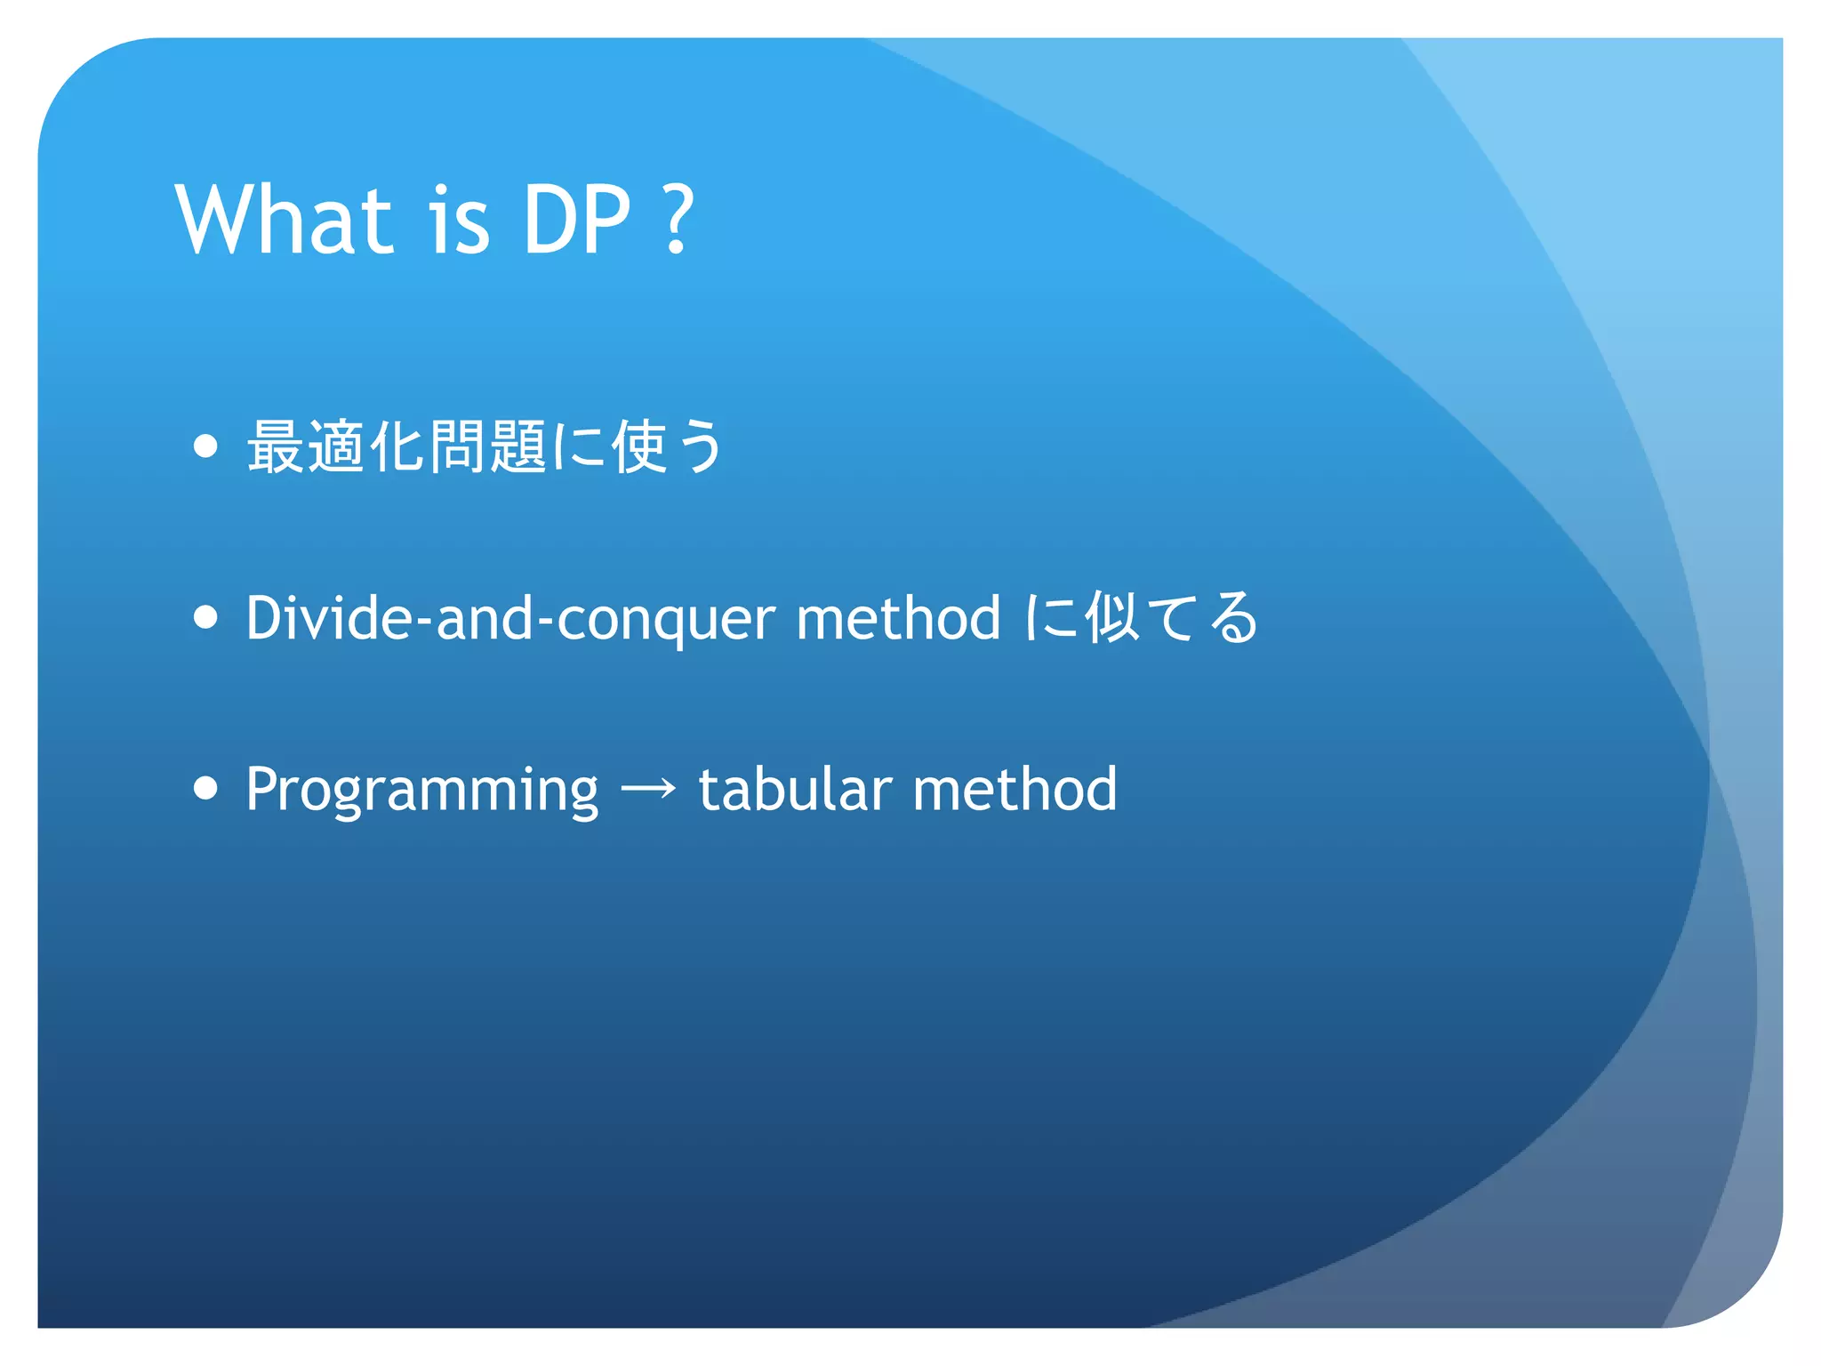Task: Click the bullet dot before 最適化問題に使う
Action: pyautogui.click(x=205, y=446)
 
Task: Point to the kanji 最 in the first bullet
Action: pyautogui.click(x=276, y=446)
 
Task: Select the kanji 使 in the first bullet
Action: pyautogui.click(x=639, y=446)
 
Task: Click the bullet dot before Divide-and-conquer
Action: pyautogui.click(x=205, y=617)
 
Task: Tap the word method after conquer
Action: pyautogui.click(x=898, y=617)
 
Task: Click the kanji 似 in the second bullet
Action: pyautogui.click(x=1111, y=617)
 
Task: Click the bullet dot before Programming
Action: pyautogui.click(x=205, y=788)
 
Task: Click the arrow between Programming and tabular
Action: pyautogui.click(x=648, y=788)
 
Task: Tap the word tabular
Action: pyautogui.click(x=795, y=788)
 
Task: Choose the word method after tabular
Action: pyautogui.click(x=1015, y=788)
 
